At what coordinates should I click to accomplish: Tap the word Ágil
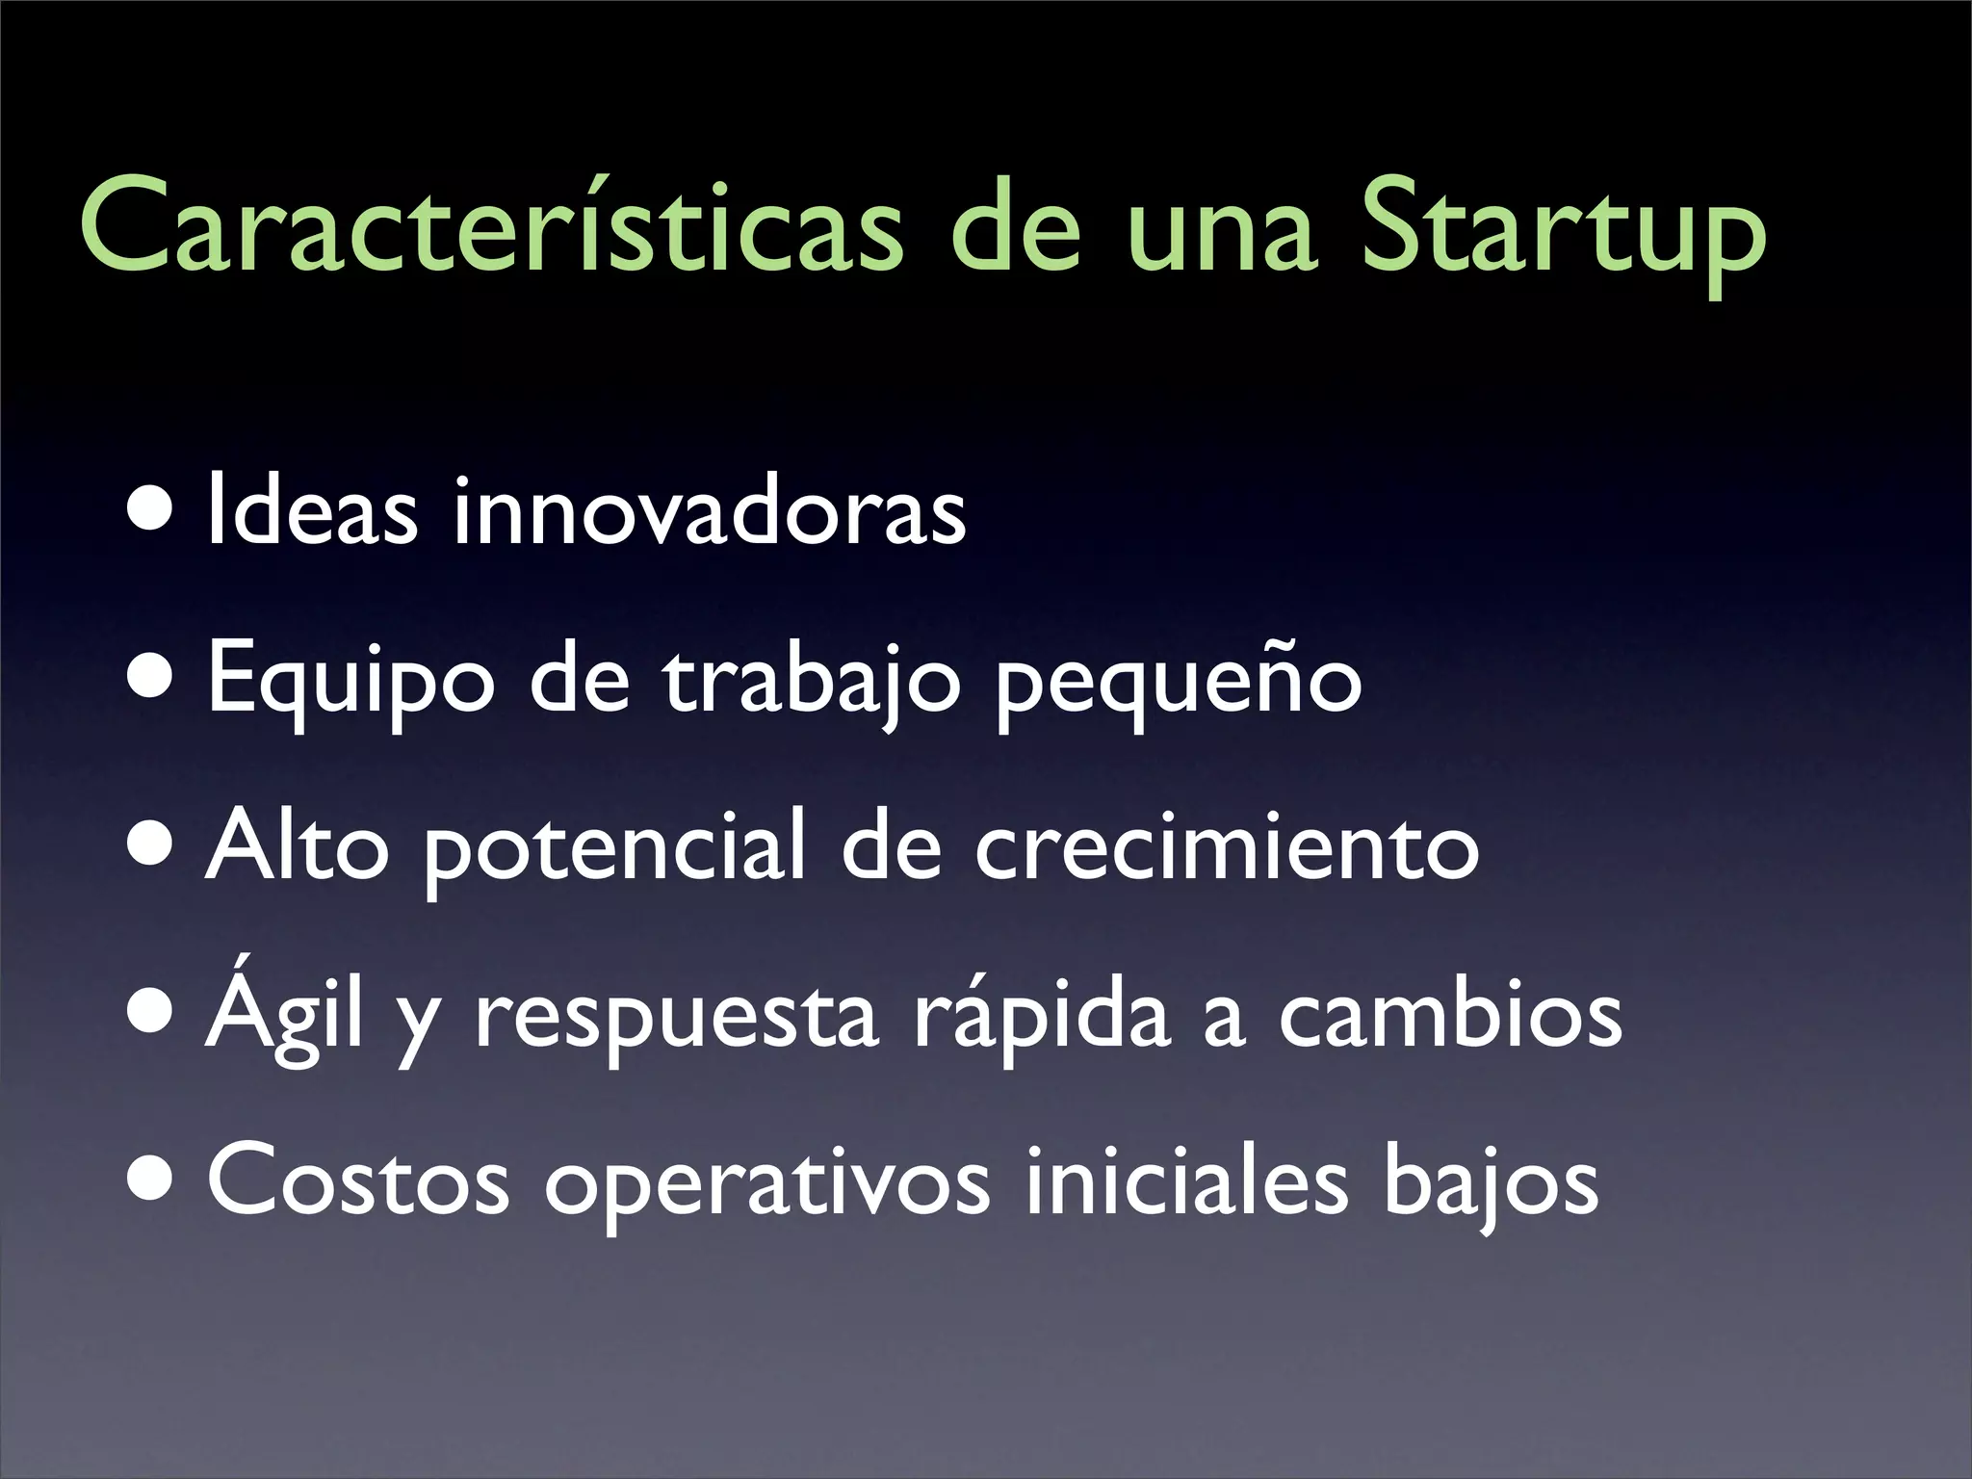(x=285, y=1011)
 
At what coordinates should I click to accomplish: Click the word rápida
(x=1041, y=1016)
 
